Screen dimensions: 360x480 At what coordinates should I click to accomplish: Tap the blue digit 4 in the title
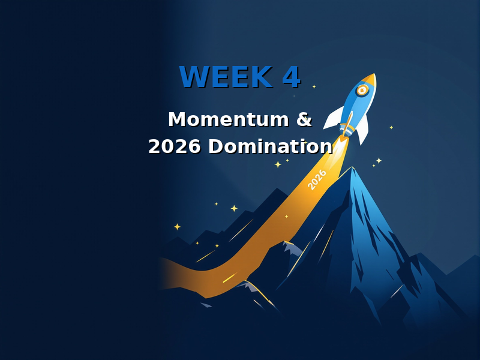(291, 77)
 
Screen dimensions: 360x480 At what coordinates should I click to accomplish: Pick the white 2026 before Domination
(175, 147)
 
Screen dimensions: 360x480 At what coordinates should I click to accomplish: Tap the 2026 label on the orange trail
(317, 179)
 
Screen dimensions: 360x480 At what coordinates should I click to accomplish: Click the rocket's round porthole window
(362, 91)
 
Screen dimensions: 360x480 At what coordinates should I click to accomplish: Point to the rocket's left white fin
(334, 119)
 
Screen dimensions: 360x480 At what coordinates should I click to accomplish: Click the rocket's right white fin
(363, 133)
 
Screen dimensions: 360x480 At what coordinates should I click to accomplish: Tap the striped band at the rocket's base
(347, 128)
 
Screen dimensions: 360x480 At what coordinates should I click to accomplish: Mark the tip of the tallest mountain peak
(353, 167)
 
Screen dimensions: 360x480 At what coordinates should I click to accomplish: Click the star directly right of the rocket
(391, 127)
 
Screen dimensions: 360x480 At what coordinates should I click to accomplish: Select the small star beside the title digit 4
(314, 86)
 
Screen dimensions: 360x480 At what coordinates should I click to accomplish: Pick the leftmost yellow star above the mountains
(177, 227)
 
